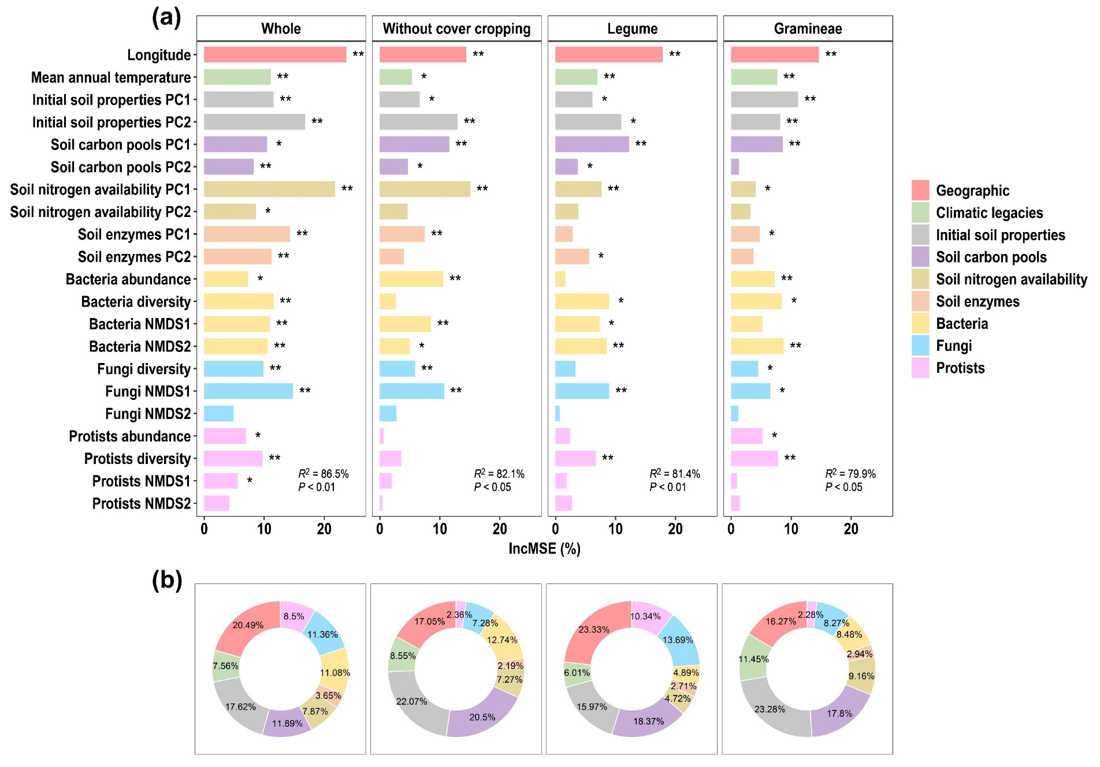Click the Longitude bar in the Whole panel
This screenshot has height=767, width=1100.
click(275, 54)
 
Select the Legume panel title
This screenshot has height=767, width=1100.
click(632, 29)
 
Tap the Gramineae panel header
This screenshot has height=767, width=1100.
click(808, 29)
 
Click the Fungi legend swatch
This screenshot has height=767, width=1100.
click(920, 346)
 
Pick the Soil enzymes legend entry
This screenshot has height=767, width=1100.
click(977, 301)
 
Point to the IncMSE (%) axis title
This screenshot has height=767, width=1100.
click(544, 548)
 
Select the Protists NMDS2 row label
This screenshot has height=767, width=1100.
click(142, 504)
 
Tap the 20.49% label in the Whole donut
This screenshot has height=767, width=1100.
click(248, 625)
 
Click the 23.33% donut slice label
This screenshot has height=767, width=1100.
click(594, 629)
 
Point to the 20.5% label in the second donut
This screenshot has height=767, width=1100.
click(482, 717)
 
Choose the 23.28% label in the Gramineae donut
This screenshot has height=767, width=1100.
click(770, 709)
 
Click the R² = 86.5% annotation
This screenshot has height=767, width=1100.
click(324, 474)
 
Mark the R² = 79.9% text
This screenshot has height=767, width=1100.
click(850, 474)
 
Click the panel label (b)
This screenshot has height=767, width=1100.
click(166, 580)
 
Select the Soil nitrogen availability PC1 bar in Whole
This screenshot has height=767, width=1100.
click(269, 189)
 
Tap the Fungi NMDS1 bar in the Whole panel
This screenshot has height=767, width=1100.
click(248, 391)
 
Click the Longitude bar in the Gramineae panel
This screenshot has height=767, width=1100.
click(775, 54)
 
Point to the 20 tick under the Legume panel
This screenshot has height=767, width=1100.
click(675, 529)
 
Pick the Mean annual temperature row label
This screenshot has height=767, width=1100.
click(111, 77)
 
